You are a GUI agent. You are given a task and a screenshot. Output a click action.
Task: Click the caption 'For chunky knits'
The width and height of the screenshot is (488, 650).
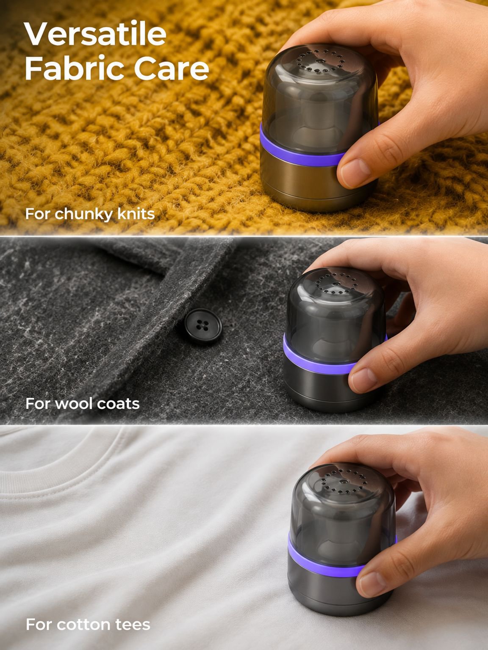point(90,214)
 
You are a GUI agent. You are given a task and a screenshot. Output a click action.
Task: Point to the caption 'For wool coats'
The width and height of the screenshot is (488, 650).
point(82,403)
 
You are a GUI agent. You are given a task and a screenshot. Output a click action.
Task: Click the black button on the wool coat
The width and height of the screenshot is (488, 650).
point(203,326)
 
